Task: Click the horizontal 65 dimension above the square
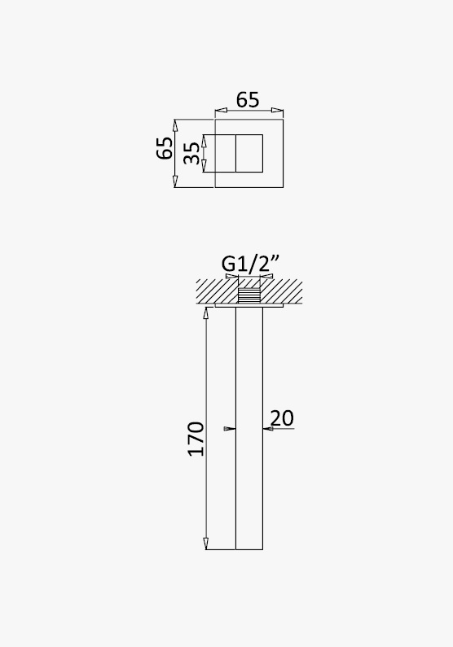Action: click(248, 100)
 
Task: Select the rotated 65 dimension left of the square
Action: click(165, 148)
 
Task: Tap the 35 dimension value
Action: click(191, 153)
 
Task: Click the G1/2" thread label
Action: click(250, 264)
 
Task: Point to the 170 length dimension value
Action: click(196, 439)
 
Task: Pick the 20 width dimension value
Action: click(282, 418)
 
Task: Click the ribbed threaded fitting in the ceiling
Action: click(249, 295)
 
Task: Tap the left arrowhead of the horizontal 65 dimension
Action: click(221, 110)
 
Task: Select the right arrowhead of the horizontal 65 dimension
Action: click(278, 110)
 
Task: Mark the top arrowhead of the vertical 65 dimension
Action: click(175, 125)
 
